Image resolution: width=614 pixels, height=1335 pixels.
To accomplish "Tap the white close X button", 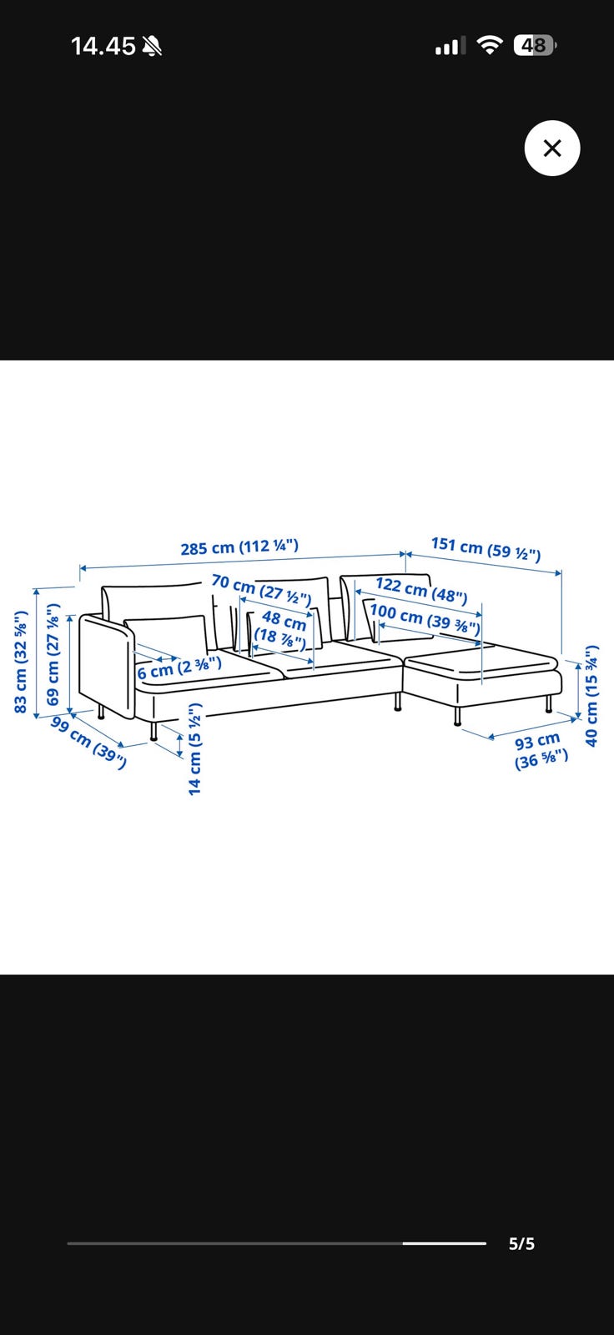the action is click(x=552, y=148).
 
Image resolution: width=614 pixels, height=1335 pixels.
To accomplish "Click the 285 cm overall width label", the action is click(x=239, y=547).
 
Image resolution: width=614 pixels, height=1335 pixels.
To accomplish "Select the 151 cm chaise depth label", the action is click(x=486, y=550).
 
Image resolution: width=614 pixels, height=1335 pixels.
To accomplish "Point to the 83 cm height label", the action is click(x=21, y=662).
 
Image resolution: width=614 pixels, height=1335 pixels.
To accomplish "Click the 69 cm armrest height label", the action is click(x=53, y=654).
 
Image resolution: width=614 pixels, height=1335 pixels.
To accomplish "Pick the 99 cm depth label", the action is click(x=88, y=743).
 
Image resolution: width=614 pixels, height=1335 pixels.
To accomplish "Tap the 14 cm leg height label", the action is click(x=195, y=749).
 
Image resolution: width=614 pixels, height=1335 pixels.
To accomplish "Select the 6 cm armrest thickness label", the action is click(x=179, y=667).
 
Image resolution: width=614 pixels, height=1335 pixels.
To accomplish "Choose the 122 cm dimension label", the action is click(x=420, y=589).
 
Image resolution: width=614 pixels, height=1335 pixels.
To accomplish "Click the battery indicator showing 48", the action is click(x=536, y=45).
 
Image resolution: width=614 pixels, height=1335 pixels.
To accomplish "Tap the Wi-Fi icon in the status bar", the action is click(x=490, y=45).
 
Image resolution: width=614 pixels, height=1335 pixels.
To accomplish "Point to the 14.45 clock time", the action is click(x=103, y=46).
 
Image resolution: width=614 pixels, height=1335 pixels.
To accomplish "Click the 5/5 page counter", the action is click(x=521, y=1244).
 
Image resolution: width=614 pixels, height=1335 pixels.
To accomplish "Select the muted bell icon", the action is click(x=151, y=46).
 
